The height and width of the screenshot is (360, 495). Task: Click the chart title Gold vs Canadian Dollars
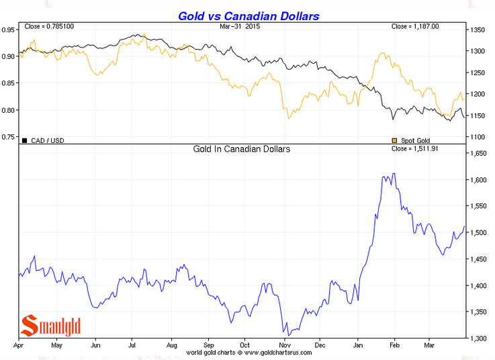click(249, 15)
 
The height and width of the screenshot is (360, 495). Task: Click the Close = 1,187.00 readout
click(415, 26)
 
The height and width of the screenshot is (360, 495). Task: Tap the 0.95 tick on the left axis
click(9, 30)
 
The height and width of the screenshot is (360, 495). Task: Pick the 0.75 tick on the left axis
click(9, 137)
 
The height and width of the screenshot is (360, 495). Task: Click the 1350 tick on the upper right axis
click(478, 30)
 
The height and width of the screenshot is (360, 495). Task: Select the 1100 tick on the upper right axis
click(478, 137)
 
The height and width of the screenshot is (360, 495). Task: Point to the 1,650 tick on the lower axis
click(479, 154)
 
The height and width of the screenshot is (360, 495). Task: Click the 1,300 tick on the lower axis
click(479, 338)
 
